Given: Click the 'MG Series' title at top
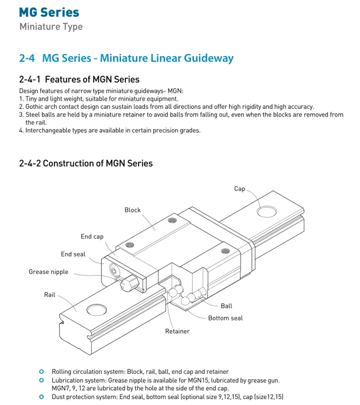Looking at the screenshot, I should click(49, 12).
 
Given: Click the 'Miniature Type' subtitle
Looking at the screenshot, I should click(51, 26).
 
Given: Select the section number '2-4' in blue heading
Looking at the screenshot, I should click(27, 59).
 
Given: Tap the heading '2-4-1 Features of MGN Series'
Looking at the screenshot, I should click(79, 79).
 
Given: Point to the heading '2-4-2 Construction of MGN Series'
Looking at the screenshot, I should click(86, 163).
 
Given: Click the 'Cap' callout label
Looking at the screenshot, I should click(240, 189).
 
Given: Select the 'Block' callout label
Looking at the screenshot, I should click(132, 210).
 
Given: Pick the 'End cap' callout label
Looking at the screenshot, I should click(92, 237).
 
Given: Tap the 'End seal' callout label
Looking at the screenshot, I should click(73, 254).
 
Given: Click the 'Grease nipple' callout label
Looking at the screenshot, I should click(48, 272).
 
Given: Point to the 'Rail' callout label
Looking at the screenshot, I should click(50, 295).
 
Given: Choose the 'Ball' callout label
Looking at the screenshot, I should click(226, 306).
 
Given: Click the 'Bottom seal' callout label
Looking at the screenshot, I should click(225, 318).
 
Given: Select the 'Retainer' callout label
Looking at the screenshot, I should click(177, 331).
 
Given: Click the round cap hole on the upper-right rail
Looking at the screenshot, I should click(267, 212).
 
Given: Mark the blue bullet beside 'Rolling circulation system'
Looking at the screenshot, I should click(42, 371).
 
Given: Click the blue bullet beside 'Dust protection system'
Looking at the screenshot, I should click(42, 396).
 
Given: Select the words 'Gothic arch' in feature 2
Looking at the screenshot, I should click(42, 107).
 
